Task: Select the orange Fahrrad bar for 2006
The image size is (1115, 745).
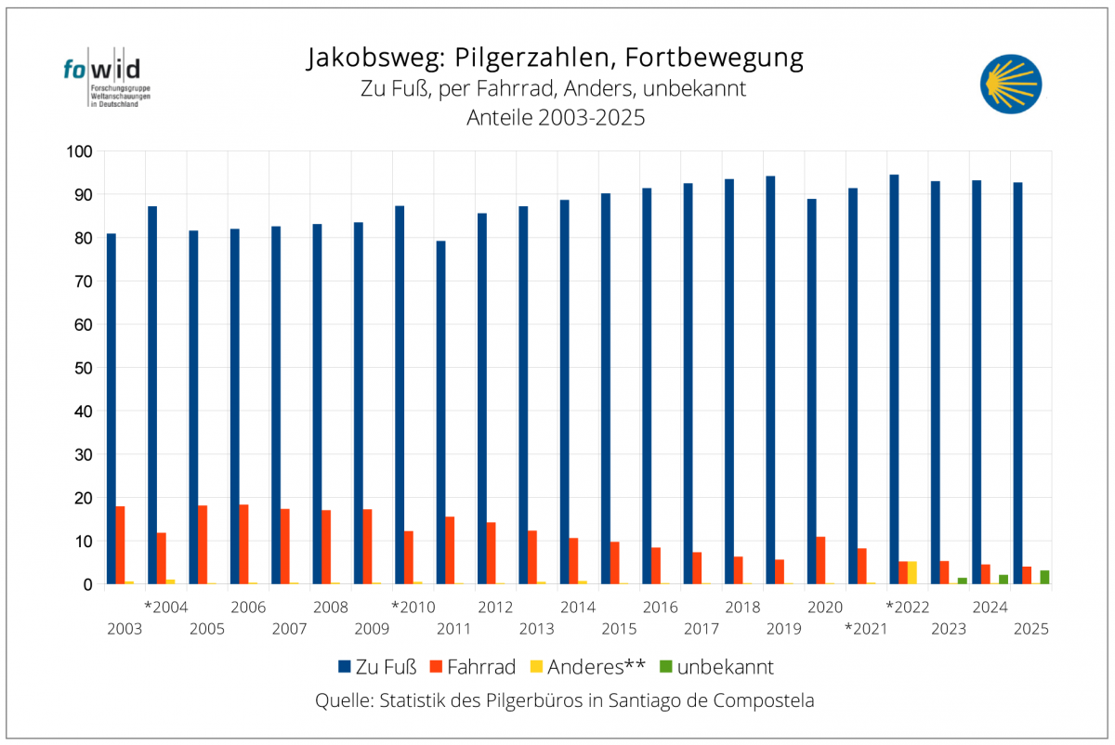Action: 244,544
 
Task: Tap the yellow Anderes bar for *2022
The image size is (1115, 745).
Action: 912,573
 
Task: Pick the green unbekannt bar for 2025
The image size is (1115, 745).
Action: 1044,577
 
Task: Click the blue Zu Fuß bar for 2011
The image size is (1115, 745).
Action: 440,412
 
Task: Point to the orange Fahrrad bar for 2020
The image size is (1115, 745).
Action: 820,560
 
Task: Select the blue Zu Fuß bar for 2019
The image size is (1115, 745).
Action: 770,380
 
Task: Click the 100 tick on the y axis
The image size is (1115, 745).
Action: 76,151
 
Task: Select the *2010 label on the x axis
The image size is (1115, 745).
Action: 413,608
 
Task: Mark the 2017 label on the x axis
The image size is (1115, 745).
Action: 702,629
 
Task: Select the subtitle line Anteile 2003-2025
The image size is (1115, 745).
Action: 556,118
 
